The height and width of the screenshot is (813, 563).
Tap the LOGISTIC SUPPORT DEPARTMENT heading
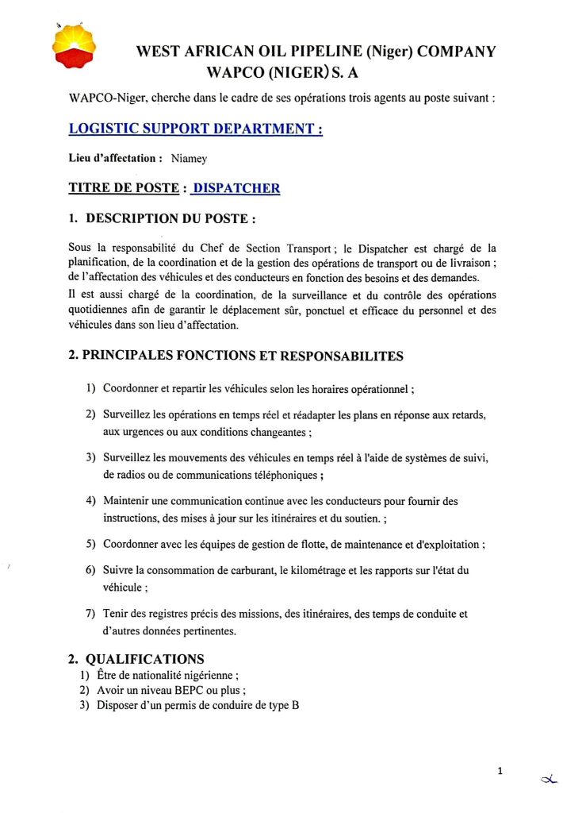pyautogui.click(x=195, y=128)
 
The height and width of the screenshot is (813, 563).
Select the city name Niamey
pyautogui.click(x=189, y=159)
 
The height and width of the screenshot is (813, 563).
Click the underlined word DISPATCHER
pyautogui.click(x=237, y=188)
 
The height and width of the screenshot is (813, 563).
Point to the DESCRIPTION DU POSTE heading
pyautogui.click(x=170, y=218)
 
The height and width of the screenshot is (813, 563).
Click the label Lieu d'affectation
pyautogui.click(x=116, y=159)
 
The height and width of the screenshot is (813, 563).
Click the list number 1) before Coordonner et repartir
pyautogui.click(x=91, y=389)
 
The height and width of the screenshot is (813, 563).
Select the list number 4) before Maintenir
pyautogui.click(x=91, y=502)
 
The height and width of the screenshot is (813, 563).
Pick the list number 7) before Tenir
pyautogui.click(x=91, y=613)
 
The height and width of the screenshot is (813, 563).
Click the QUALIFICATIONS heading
pyautogui.click(x=144, y=659)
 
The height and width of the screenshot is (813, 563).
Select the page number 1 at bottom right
pyautogui.click(x=500, y=770)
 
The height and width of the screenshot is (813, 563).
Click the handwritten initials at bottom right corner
pyautogui.click(x=546, y=781)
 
